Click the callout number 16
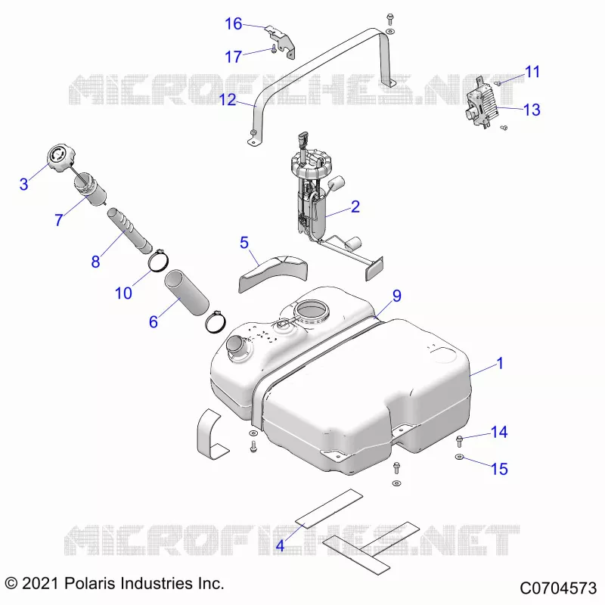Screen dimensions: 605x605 (x=234, y=24)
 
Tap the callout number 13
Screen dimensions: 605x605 (x=532, y=110)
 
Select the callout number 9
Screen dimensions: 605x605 (x=397, y=296)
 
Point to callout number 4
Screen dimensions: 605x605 (x=280, y=545)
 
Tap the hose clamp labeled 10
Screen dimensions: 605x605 (x=158, y=262)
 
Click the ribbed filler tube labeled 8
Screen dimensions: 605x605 (x=129, y=231)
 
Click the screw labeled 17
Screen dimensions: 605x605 (x=274, y=49)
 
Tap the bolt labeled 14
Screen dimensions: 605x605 (x=459, y=440)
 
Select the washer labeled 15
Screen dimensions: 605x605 (x=459, y=458)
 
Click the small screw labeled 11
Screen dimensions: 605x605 (x=498, y=83)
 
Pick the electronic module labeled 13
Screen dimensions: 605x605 (x=482, y=102)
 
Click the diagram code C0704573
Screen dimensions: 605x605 (x=558, y=588)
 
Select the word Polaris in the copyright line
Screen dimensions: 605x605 (x=90, y=583)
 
